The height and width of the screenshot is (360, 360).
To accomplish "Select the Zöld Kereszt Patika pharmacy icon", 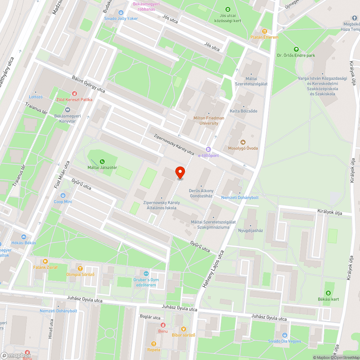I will (74, 93).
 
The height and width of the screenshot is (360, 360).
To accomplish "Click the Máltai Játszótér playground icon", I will (103, 161).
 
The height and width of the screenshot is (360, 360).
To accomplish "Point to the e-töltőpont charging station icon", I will (208, 149).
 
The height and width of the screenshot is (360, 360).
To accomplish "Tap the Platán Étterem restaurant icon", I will (265, 31).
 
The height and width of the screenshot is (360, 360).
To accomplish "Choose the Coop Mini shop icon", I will (63, 195).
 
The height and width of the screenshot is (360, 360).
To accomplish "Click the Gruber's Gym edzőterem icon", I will (145, 274).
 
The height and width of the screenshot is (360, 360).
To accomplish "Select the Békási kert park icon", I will (328, 293).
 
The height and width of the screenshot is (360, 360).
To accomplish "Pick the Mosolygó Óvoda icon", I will (243, 142).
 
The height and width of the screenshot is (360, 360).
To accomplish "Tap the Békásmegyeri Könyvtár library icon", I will (67, 110).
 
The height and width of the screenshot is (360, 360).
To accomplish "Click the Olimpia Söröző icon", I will (80, 268).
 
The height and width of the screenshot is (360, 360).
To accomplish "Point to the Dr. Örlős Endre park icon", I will (296, 49).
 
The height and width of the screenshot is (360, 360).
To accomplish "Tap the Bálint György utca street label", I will (88, 84).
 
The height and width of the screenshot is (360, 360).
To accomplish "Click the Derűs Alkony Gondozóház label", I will (201, 193).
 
